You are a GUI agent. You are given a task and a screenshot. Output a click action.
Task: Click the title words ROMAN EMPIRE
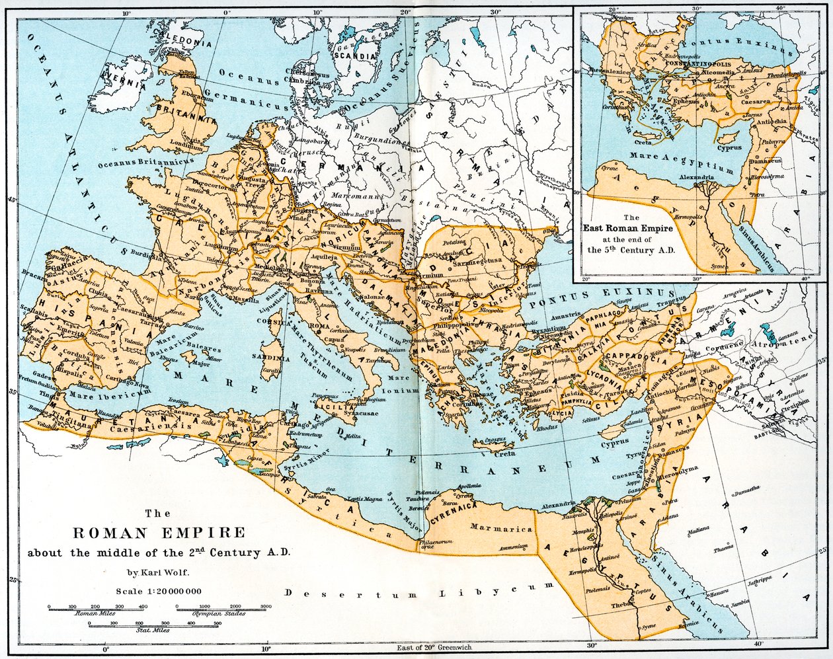coord(158,533)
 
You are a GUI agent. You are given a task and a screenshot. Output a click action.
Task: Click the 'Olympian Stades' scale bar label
coord(219,613)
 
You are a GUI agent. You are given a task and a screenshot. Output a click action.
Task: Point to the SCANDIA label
coord(356,56)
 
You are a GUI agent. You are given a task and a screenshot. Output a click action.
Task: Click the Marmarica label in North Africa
coord(501,528)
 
